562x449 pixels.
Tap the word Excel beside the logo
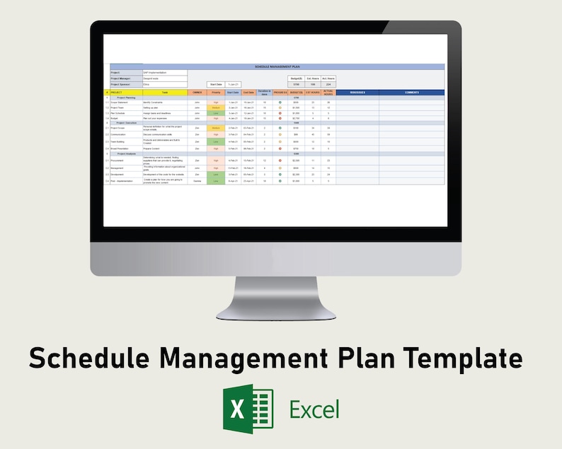click(314, 409)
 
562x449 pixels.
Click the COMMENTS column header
click(411, 93)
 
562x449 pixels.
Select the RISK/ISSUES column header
click(357, 93)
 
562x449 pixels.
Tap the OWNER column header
click(197, 93)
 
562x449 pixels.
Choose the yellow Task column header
click(165, 93)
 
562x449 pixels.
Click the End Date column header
click(249, 93)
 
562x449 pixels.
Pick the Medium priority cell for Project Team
click(216, 107)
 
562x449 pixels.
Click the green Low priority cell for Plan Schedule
click(216, 112)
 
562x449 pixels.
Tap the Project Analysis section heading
click(131, 153)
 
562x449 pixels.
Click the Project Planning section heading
click(131, 98)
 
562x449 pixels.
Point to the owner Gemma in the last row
click(197, 181)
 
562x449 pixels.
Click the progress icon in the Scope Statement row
click(280, 103)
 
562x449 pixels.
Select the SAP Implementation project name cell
click(164, 72)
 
